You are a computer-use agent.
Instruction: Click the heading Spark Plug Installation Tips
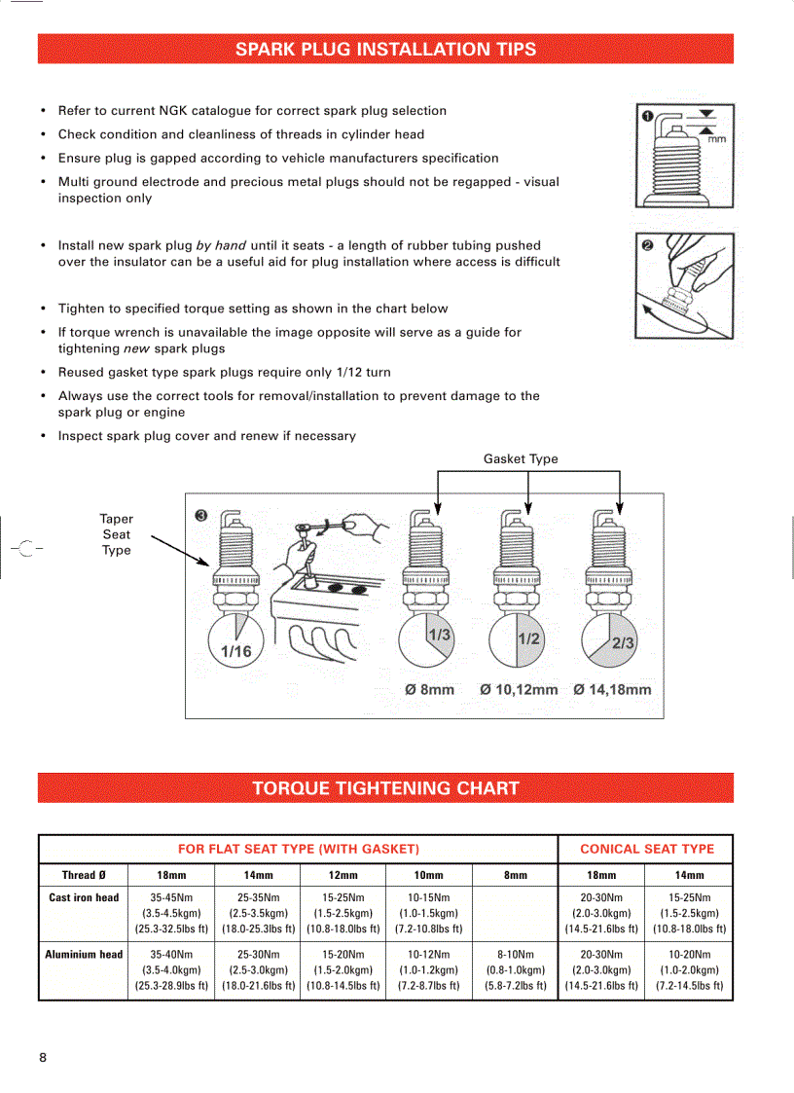[x=385, y=50]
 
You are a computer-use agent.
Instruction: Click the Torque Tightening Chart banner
[x=385, y=788]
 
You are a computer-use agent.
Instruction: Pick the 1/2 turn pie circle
[x=518, y=642]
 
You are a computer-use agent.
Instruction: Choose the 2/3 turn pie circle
[x=610, y=642]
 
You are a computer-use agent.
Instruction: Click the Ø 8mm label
[x=429, y=690]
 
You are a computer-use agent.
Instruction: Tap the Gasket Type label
[x=521, y=459]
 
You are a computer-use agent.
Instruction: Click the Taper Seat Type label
[x=116, y=534]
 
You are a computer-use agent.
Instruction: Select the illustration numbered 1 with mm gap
[x=684, y=156]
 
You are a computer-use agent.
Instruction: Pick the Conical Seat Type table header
[x=646, y=850]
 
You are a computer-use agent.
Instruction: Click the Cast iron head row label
[x=84, y=897]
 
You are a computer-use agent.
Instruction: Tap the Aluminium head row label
[x=84, y=955]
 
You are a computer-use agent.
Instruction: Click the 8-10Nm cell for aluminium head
[x=515, y=955]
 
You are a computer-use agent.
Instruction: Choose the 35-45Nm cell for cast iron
[x=171, y=897]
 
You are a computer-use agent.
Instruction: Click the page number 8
[x=43, y=1058]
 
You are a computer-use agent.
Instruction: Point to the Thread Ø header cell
[x=84, y=875]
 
